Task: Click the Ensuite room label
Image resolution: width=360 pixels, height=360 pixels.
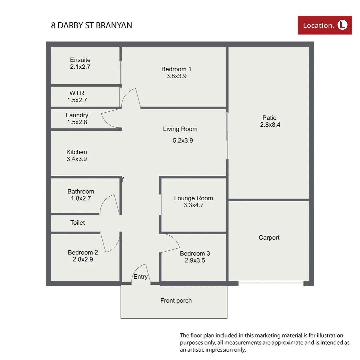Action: click(x=80, y=60)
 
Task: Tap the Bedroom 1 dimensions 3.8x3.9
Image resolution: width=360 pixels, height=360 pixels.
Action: click(x=176, y=76)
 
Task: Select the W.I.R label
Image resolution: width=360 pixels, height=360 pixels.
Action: click(x=77, y=93)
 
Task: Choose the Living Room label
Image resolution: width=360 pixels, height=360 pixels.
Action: click(x=180, y=129)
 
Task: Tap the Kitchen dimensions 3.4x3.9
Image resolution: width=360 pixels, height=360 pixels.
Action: click(x=77, y=159)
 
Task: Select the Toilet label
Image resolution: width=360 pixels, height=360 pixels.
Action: click(x=77, y=223)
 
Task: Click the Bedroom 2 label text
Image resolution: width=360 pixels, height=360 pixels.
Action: click(x=83, y=252)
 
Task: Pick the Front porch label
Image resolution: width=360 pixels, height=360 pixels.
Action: click(x=176, y=301)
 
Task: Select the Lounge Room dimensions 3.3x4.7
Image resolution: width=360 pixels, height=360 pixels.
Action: click(x=194, y=205)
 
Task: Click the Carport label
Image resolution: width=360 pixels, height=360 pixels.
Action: click(x=269, y=238)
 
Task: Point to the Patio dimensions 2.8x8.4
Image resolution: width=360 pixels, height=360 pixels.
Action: click(x=269, y=125)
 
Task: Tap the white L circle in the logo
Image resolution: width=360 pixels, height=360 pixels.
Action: click(x=342, y=25)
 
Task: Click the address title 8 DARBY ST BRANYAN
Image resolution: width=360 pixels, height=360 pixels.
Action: click(x=91, y=25)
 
